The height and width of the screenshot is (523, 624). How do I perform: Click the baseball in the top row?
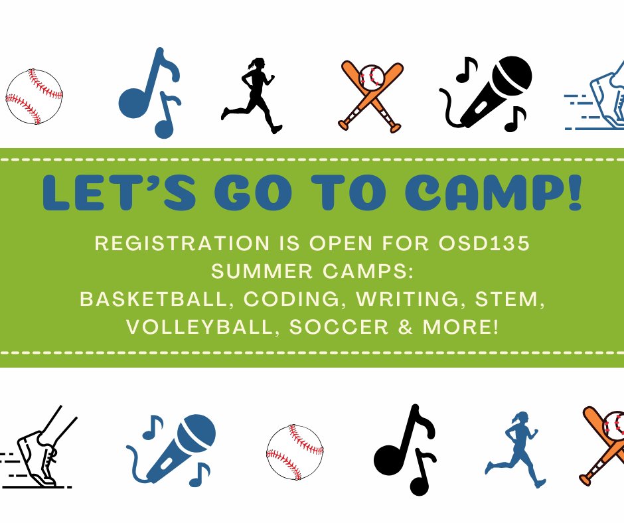click(x=35, y=97)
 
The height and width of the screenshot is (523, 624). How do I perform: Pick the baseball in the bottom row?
click(x=295, y=453)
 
